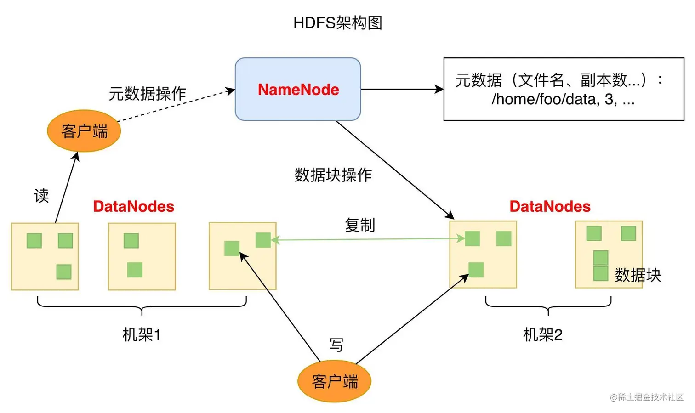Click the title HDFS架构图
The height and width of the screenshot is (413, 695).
tap(338, 23)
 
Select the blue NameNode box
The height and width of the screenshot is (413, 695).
tap(298, 89)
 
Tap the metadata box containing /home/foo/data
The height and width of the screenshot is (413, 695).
tap(564, 89)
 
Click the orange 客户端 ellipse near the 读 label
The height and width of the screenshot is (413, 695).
tap(84, 131)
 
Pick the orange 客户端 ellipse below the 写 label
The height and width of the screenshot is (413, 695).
tap(334, 381)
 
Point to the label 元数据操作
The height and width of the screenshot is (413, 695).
tap(148, 93)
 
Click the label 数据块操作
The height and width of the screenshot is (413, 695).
tap(333, 175)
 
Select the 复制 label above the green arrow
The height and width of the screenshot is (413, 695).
tap(360, 225)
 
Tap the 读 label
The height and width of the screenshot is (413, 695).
tap(41, 196)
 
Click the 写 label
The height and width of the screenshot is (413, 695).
tap(336, 345)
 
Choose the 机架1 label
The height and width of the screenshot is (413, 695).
tap(142, 334)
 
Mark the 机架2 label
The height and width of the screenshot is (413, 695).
tap(543, 334)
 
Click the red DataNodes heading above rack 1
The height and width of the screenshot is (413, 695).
tap(134, 206)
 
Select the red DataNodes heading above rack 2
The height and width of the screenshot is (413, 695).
tap(550, 206)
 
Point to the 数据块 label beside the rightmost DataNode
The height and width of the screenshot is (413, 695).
tap(638, 275)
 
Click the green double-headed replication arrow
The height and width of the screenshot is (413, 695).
tap(368, 239)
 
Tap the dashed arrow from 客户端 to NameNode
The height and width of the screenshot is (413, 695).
tap(175, 106)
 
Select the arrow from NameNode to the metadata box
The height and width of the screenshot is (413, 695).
tap(402, 89)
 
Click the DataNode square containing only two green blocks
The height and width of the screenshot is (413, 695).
tap(142, 256)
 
